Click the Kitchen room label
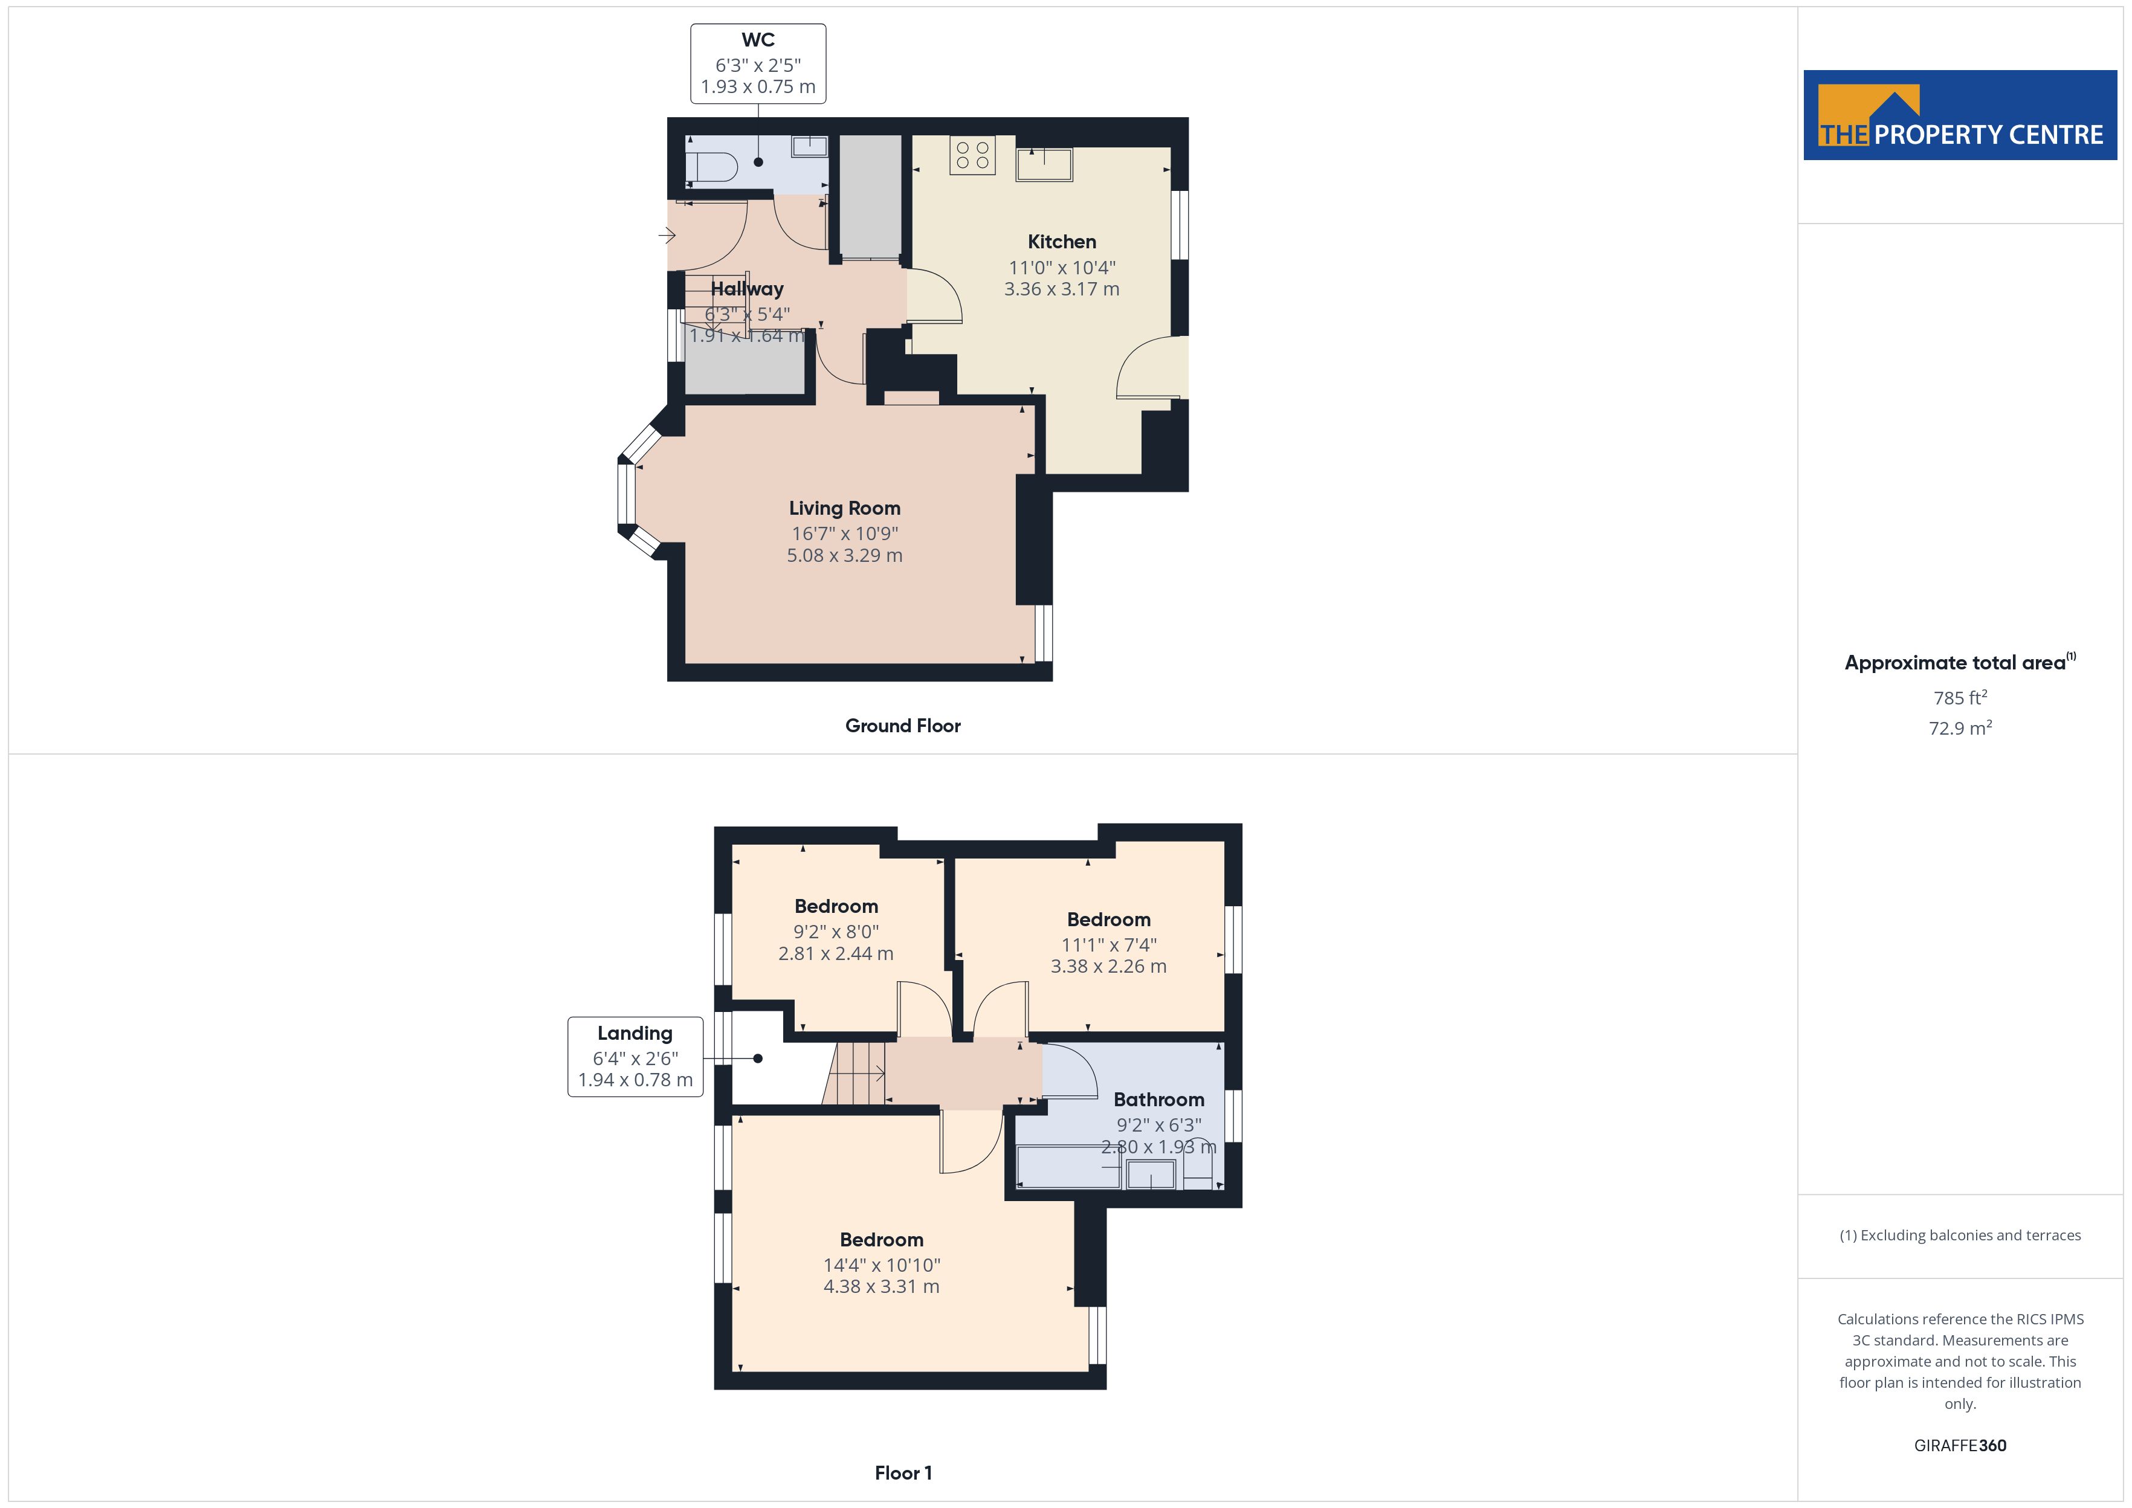pyautogui.click(x=1061, y=242)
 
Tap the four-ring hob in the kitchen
pyautogui.click(x=972, y=155)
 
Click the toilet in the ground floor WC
pyautogui.click(x=710, y=167)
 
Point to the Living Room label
pyautogui.click(x=844, y=509)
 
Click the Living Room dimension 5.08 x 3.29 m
pyautogui.click(x=844, y=555)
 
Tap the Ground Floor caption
pyautogui.click(x=903, y=726)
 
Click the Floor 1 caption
pyautogui.click(x=903, y=1473)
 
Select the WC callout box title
pyautogui.click(x=758, y=40)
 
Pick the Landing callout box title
pyautogui.click(x=635, y=1034)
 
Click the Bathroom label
pyautogui.click(x=1159, y=1100)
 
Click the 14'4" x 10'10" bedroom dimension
pyautogui.click(x=881, y=1265)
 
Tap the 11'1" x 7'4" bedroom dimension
pyautogui.click(x=1109, y=944)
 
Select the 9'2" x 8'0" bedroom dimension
pyautogui.click(x=836, y=932)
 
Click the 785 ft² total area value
pyautogui.click(x=1960, y=697)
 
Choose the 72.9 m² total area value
pyautogui.click(x=1960, y=728)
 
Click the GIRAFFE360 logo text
pyautogui.click(x=1960, y=1446)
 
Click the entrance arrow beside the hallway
pyautogui.click(x=667, y=236)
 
